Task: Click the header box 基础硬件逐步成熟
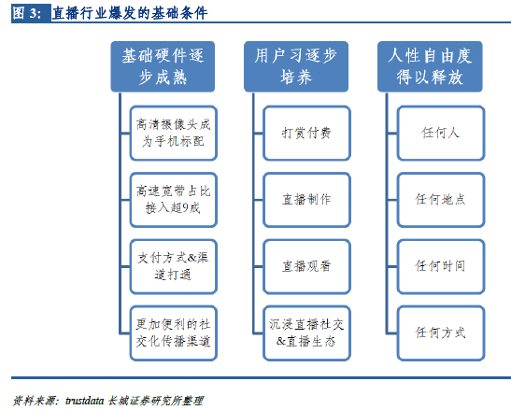163,66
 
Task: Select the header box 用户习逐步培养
296,66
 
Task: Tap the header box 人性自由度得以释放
430,66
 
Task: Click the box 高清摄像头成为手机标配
174,133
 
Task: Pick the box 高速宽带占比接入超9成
174,200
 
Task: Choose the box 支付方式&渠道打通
174,266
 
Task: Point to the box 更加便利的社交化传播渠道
174,333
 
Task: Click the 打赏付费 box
306,133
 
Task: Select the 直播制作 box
306,200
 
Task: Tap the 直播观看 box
306,266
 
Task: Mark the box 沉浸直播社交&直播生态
306,333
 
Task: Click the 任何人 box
441,133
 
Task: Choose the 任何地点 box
441,200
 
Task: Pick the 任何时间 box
441,266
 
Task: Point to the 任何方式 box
441,333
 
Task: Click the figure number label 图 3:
27,13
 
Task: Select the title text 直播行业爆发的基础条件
130,13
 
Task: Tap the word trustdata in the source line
85,401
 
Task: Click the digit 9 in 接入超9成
185,207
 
